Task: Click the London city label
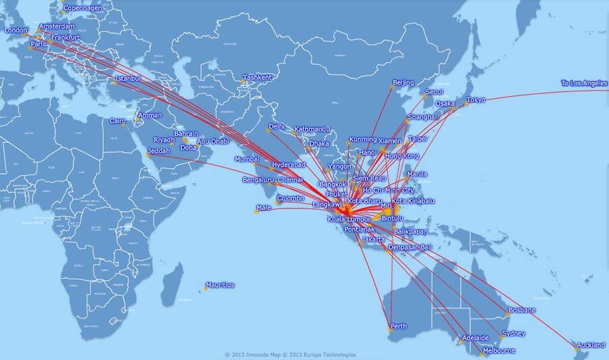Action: [x=16, y=30]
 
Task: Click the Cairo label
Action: [x=118, y=122]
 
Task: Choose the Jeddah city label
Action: [x=159, y=151]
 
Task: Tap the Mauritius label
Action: [x=220, y=285]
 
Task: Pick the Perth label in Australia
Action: [x=399, y=326]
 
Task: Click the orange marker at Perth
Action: [x=390, y=330]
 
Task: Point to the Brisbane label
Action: [x=522, y=310]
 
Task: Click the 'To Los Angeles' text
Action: [x=584, y=83]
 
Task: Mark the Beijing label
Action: [x=403, y=83]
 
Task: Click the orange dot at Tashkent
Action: [x=244, y=82]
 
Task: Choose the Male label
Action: [x=263, y=207]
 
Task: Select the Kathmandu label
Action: [x=311, y=129]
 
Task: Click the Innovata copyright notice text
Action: [x=252, y=354]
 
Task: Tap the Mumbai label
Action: [x=246, y=159]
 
